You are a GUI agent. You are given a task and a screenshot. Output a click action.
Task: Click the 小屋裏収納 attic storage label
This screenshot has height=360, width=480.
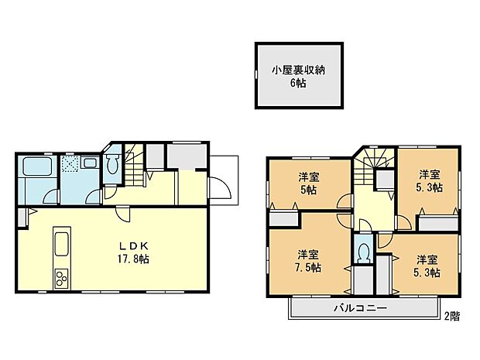click(299, 70)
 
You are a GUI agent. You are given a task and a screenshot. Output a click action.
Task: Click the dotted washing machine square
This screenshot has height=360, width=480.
click(70, 163)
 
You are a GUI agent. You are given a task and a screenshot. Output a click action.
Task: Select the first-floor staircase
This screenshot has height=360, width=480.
click(135, 166)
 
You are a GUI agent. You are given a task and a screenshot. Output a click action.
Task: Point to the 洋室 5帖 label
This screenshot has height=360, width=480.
click(308, 181)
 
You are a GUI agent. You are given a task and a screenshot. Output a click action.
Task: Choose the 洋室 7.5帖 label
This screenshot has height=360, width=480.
click(308, 261)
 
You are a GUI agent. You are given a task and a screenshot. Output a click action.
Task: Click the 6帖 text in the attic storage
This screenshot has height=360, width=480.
click(299, 84)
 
